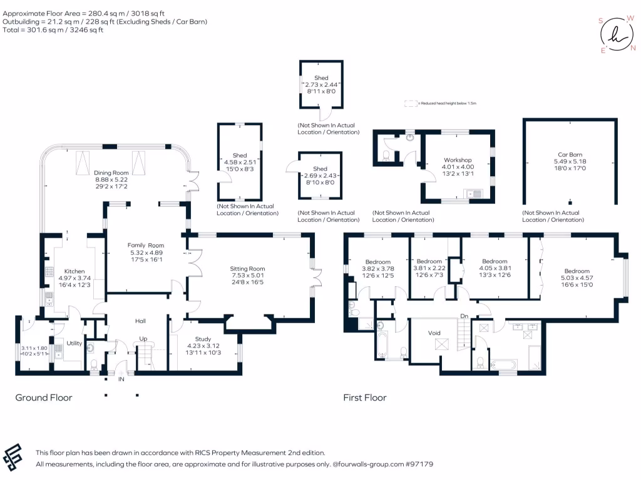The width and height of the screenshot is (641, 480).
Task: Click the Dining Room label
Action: (x=111, y=172)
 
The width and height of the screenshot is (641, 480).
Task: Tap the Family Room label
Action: (x=146, y=245)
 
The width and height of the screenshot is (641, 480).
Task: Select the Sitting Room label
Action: (x=249, y=269)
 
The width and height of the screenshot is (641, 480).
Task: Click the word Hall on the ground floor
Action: (x=140, y=321)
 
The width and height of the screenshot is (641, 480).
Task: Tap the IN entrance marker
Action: (x=121, y=379)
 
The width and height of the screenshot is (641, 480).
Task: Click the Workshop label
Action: (x=458, y=160)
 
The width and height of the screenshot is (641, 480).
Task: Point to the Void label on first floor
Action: (x=435, y=333)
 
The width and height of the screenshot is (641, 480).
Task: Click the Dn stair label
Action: (x=464, y=316)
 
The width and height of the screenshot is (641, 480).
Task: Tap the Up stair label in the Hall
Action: (x=143, y=339)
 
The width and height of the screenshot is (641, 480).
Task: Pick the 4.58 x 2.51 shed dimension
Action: (x=240, y=162)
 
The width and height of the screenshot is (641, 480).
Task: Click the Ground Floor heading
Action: (x=44, y=397)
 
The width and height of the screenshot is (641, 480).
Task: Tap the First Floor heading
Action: (x=364, y=397)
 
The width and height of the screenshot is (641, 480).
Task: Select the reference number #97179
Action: (x=419, y=464)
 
